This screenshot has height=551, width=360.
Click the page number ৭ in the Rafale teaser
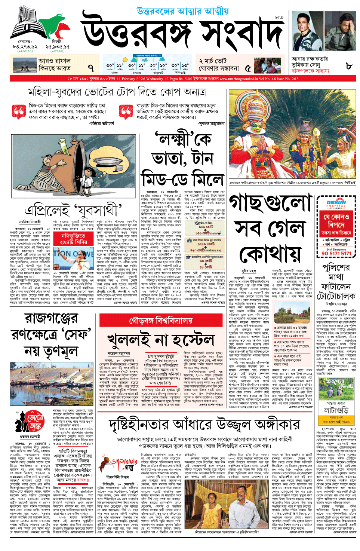point(90,67)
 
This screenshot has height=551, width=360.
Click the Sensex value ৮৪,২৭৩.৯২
point(25,47)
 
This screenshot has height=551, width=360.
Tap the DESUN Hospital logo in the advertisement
point(336,204)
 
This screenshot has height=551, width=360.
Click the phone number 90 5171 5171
point(336,253)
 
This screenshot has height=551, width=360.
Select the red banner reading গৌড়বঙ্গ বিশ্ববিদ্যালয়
point(161,321)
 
